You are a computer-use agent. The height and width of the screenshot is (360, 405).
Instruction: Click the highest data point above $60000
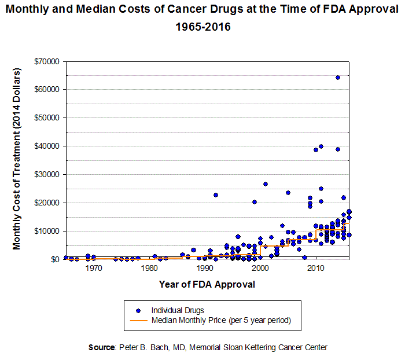(x=337, y=78)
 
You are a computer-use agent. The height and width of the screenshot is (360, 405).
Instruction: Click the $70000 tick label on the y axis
(x=49, y=61)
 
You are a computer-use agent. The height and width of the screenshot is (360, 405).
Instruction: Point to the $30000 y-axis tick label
(x=49, y=174)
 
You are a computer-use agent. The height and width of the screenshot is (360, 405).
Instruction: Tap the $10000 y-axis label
(x=49, y=231)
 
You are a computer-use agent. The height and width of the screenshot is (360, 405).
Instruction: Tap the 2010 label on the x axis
(x=315, y=269)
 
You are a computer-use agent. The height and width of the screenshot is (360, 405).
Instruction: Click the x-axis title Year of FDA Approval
(x=207, y=285)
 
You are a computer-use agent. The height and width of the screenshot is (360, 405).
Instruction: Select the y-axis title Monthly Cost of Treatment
(x=17, y=159)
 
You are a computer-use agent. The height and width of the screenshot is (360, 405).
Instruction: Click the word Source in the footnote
(x=102, y=348)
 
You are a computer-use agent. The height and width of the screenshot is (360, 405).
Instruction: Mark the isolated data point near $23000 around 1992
(x=215, y=195)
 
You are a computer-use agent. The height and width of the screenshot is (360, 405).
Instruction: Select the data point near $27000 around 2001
(x=266, y=184)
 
